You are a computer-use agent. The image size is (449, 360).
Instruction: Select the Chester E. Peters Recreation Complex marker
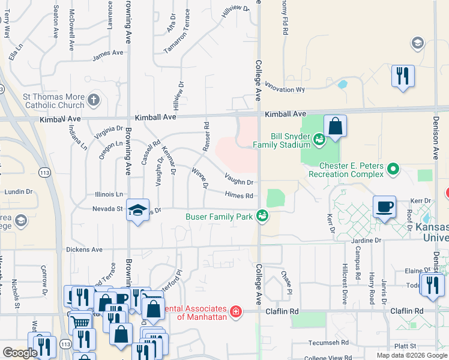(x=393, y=169)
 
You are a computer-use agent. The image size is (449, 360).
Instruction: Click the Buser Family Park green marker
(x=262, y=216)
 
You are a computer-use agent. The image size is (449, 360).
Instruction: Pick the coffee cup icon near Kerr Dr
(x=384, y=207)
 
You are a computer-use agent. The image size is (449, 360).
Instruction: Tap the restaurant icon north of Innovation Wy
(x=402, y=76)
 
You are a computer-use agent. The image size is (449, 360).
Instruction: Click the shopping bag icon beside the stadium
(x=336, y=126)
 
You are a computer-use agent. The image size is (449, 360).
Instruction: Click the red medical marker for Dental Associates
(x=236, y=311)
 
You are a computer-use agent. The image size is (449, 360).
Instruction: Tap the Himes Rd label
(x=239, y=195)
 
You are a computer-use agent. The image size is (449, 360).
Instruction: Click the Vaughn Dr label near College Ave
(x=239, y=179)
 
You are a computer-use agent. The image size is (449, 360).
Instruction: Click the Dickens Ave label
(x=85, y=249)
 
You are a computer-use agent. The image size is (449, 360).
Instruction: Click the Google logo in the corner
(x=20, y=353)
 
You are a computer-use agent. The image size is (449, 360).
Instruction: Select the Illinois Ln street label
(x=109, y=194)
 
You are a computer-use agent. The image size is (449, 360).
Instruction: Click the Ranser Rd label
(x=206, y=137)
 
